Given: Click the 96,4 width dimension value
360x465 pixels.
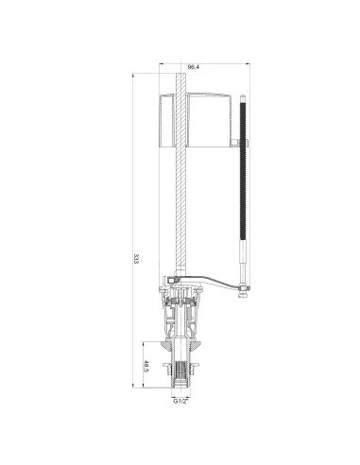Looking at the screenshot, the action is (194, 67).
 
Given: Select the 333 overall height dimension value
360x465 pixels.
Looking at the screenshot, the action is (136, 259).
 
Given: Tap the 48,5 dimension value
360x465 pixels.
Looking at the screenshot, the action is (146, 366).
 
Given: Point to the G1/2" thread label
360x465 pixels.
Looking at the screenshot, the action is (180, 401).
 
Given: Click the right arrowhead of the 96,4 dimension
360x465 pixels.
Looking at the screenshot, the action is (248, 63).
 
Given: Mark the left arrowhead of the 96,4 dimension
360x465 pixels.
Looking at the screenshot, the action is (161, 63).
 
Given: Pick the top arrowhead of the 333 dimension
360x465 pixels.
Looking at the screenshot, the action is (133, 76).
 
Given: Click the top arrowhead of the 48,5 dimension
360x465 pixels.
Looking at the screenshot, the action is (143, 344).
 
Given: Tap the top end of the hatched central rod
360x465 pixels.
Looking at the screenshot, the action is (180, 74).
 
